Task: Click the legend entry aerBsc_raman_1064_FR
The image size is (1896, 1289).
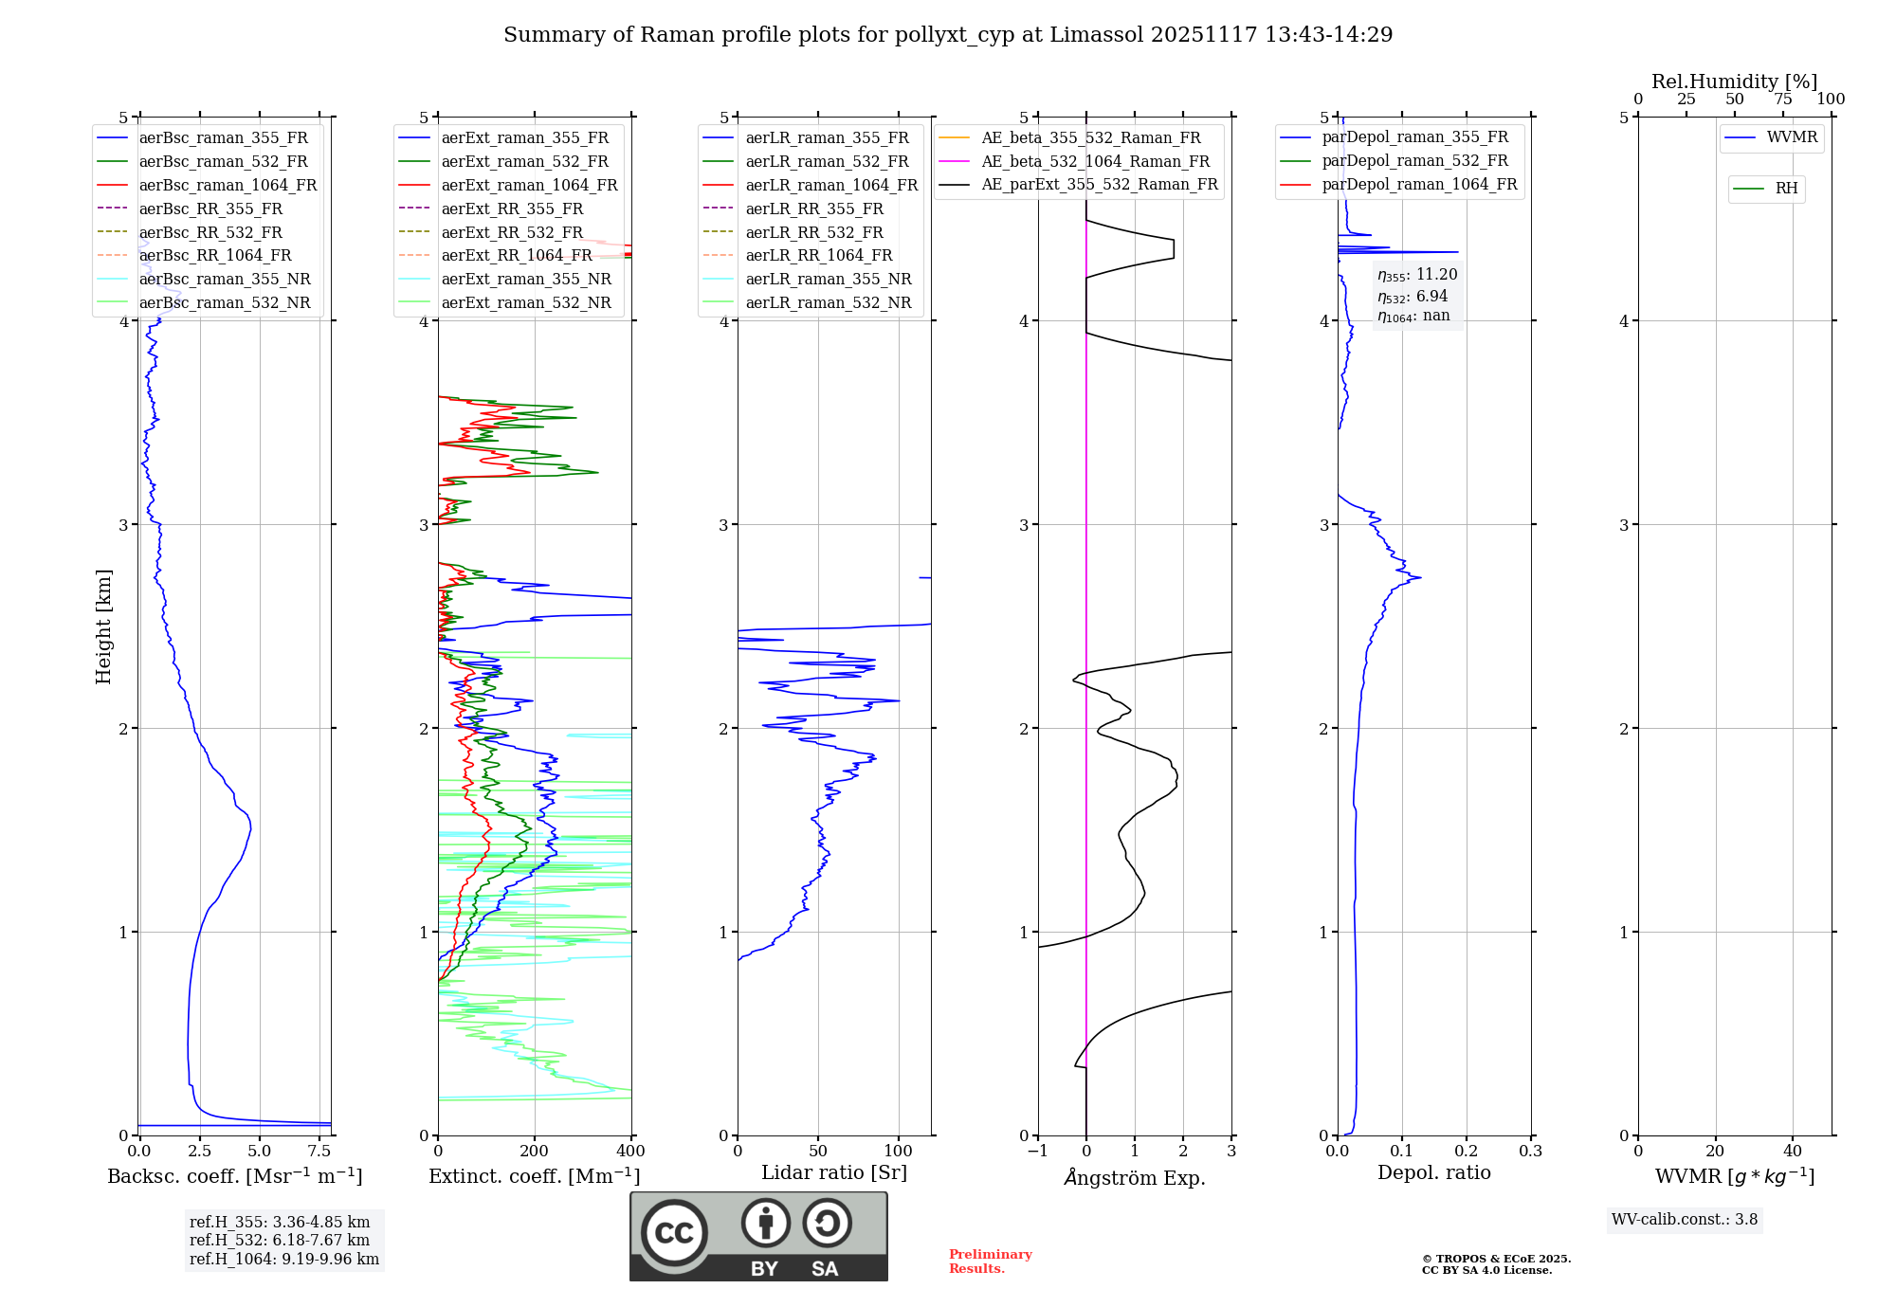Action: point(228,186)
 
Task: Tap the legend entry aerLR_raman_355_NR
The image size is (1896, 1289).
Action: point(828,280)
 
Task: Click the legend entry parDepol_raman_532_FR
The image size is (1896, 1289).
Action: point(1414,161)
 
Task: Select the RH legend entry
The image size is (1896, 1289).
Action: point(1786,189)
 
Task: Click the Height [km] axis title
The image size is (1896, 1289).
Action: point(103,626)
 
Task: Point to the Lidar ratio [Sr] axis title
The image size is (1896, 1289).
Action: point(834,1173)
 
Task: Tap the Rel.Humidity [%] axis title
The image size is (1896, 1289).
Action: point(1734,82)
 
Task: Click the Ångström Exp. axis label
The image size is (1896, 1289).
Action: point(1135,1178)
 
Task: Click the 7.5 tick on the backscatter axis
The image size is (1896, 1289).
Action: point(319,1152)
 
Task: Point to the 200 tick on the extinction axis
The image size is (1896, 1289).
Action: point(535,1152)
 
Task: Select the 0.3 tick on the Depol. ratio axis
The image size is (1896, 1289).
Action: point(1530,1152)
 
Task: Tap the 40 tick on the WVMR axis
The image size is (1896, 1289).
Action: point(1792,1152)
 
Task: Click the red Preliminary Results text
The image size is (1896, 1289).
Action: point(990,1262)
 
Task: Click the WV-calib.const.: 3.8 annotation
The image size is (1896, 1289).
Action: point(1685,1220)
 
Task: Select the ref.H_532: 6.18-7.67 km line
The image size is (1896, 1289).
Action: point(280,1241)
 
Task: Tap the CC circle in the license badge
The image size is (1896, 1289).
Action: point(674,1233)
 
